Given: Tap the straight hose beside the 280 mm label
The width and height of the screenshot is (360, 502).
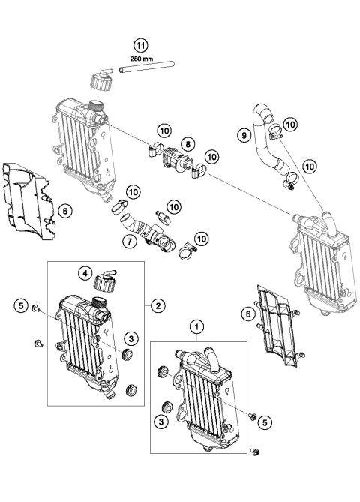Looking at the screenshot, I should [x=142, y=71].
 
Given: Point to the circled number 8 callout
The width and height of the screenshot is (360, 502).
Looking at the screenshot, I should [x=187, y=142].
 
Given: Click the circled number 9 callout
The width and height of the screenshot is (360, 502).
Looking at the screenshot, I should [x=243, y=136].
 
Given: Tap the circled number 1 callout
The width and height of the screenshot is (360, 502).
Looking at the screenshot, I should [x=197, y=326].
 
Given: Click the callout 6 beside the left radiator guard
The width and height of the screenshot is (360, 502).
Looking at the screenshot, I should [x=65, y=212].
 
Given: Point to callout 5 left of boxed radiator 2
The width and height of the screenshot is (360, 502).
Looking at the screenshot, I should [x=22, y=305].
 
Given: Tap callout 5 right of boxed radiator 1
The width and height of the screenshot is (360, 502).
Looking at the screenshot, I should [x=265, y=422].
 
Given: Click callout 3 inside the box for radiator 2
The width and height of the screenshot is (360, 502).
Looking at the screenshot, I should [x=130, y=337].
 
